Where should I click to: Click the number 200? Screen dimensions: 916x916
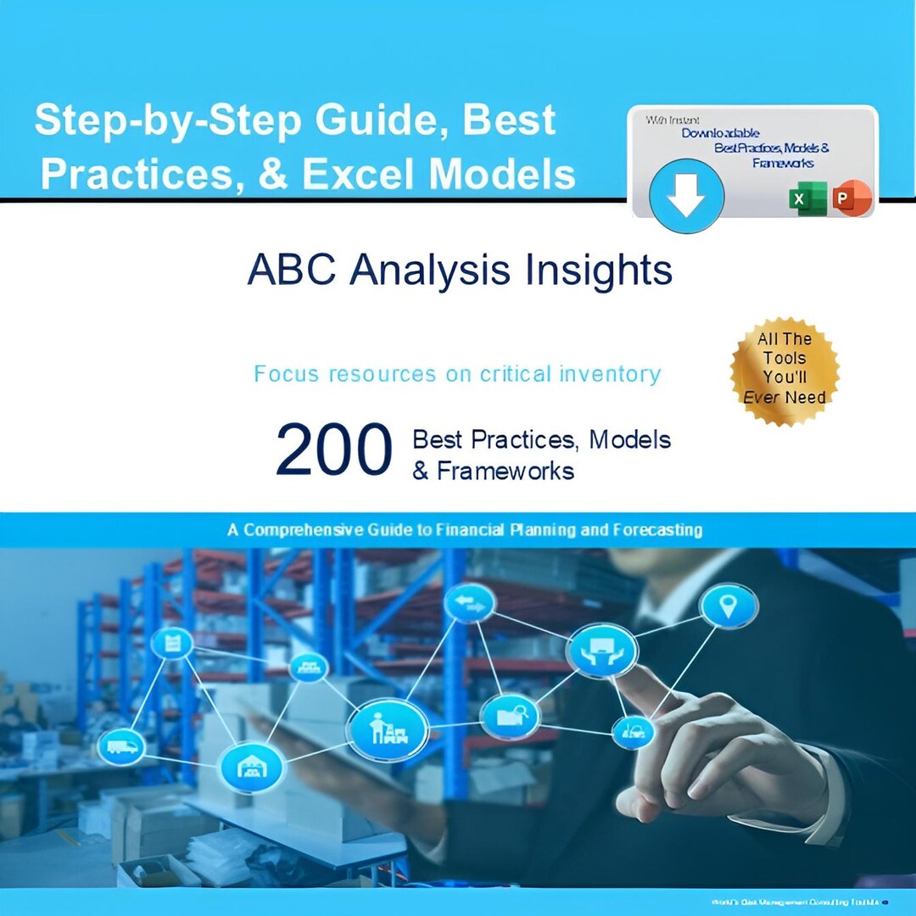pos(334,450)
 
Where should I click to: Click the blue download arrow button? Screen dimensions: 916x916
pos(686,197)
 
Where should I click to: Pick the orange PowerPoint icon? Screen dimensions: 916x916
pos(851,198)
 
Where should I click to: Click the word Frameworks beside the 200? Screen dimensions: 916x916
pos(505,471)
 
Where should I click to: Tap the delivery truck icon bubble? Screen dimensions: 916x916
pos(121,746)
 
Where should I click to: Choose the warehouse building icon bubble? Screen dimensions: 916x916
pos(251,767)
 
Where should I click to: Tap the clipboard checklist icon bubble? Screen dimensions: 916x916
pos(173,643)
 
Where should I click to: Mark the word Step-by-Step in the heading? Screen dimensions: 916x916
pos(168,121)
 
